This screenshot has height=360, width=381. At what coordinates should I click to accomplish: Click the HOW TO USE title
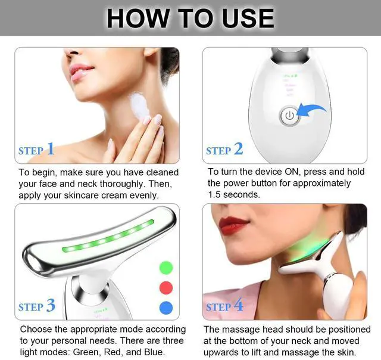[190, 18]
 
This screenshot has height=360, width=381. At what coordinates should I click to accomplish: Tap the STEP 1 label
[36, 150]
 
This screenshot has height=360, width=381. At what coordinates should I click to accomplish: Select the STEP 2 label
[224, 150]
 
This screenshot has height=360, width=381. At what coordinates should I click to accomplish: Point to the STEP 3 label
[36, 306]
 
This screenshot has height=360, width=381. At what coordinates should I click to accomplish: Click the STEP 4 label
[224, 306]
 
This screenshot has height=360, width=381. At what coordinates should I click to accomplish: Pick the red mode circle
[166, 287]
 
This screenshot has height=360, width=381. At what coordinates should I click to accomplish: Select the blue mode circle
[166, 308]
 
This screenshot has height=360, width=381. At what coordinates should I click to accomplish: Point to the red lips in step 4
[233, 226]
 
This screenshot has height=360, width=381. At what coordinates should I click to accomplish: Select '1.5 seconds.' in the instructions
[233, 195]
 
